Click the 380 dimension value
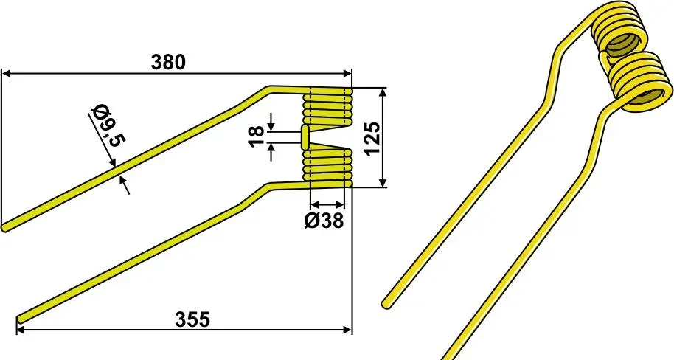click(x=168, y=63)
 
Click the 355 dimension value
click(x=192, y=319)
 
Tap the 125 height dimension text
click(x=372, y=138)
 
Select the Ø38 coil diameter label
click(x=324, y=221)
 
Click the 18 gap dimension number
click(x=257, y=136)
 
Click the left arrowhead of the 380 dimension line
click(x=7, y=74)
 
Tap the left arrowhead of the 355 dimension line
click(x=21, y=330)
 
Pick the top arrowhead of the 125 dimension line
click(x=383, y=92)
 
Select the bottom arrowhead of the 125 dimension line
click(x=383, y=182)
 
